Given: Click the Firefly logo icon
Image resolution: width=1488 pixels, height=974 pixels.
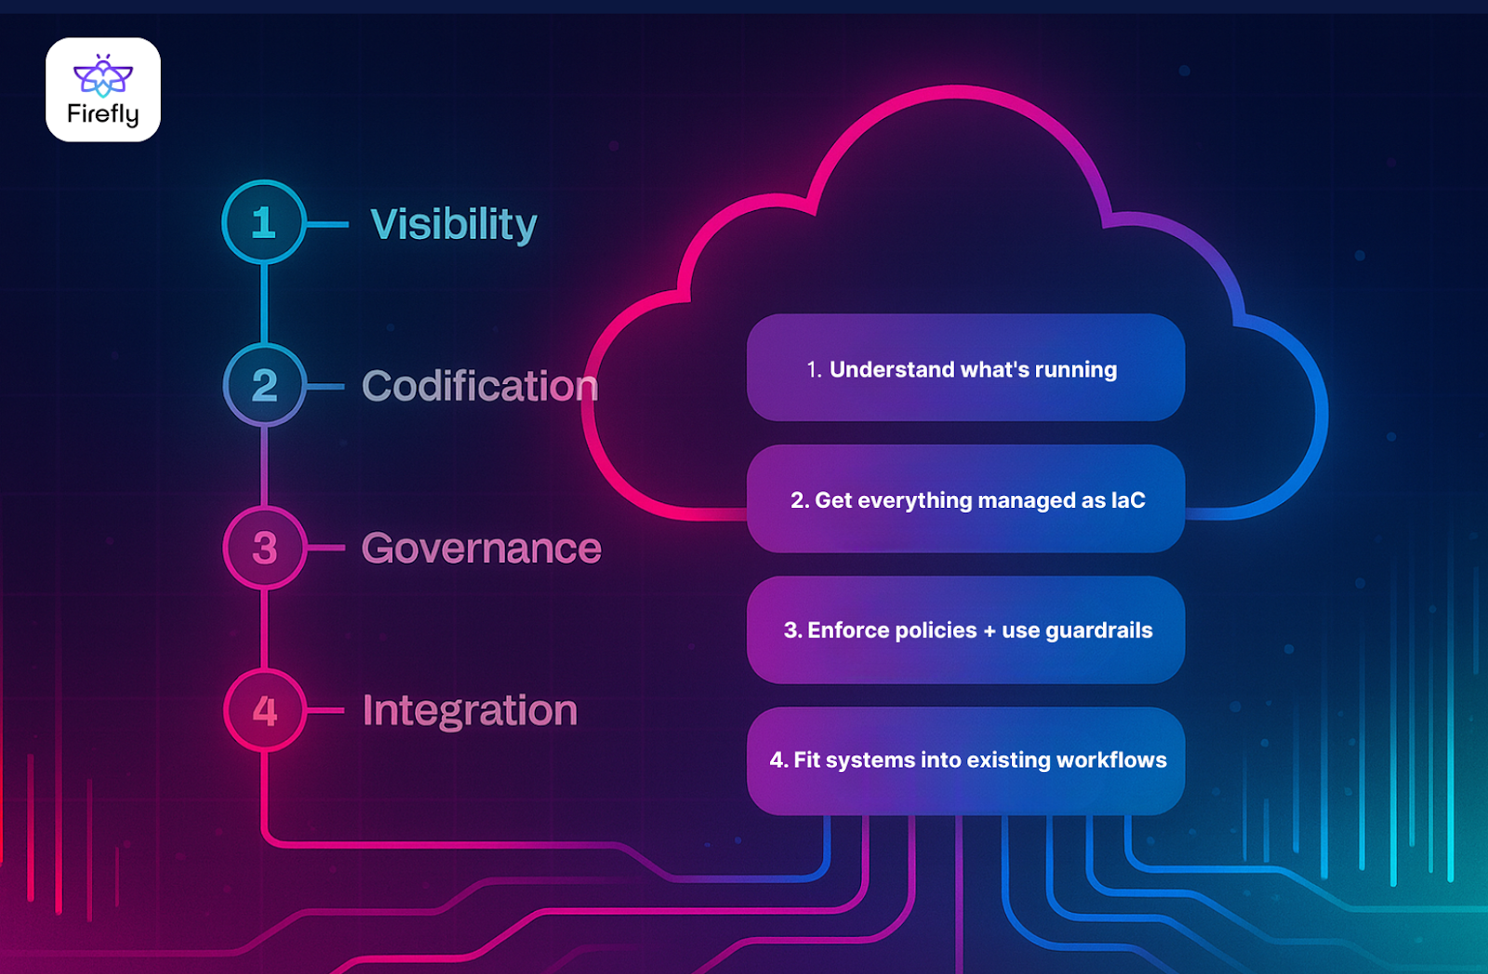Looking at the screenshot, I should (x=103, y=75).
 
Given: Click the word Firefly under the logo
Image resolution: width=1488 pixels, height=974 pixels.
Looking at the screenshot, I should (x=103, y=113).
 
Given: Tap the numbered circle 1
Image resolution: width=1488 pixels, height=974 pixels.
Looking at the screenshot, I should (x=264, y=222).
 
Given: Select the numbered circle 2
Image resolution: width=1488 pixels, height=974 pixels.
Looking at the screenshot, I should (x=265, y=385).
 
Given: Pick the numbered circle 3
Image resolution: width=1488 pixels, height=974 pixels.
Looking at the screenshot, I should (x=265, y=548).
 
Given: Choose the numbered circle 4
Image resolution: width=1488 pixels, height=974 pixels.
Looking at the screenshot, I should (x=265, y=711).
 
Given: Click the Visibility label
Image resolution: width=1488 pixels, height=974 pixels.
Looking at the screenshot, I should (x=454, y=224).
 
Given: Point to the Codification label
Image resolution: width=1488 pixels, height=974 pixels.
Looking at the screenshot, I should (x=480, y=386).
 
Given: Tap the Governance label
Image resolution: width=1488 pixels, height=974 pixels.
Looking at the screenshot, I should (x=481, y=548).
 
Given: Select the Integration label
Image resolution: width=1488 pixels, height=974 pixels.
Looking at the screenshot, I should (x=470, y=711).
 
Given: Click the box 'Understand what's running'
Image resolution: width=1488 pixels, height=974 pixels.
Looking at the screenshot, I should (x=965, y=368).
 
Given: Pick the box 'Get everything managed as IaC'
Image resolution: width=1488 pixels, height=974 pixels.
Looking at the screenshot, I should (x=965, y=500).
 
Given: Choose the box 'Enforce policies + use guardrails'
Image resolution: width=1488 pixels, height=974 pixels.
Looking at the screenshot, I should (x=965, y=630).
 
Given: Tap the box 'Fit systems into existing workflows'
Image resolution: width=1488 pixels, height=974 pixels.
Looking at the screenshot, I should (x=965, y=760).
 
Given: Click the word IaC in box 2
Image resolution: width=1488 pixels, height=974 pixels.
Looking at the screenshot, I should (x=1128, y=500).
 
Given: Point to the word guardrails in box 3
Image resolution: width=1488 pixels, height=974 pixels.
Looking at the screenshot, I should (x=1099, y=631).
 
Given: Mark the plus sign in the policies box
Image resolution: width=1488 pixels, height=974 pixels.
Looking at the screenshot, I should (x=990, y=631).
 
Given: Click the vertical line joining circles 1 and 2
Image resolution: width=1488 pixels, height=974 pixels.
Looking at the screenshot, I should (x=265, y=303).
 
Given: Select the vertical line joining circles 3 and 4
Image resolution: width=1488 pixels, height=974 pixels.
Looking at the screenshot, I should (x=265, y=629).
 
